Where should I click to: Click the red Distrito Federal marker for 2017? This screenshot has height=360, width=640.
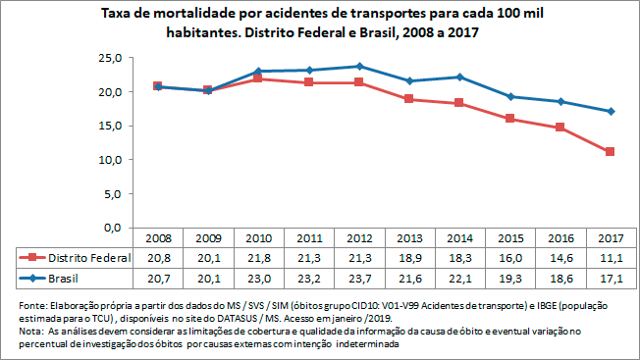coord(610,152)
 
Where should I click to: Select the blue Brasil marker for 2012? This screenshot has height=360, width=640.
coord(359,67)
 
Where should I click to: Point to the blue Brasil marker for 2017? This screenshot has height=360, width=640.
coord(610,111)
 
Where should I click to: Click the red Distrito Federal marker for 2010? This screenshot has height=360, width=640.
coord(258,78)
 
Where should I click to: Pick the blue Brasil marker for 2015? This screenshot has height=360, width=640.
coord(509,96)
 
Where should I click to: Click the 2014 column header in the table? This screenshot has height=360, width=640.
coord(458,238)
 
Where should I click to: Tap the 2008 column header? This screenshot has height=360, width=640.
coord(158,238)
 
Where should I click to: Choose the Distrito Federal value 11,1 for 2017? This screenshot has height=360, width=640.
coord(610,257)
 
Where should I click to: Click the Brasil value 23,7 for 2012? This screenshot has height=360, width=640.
coord(359,279)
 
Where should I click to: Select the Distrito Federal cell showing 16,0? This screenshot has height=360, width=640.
coord(509,257)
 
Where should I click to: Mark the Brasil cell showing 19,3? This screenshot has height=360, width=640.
coord(509,279)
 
